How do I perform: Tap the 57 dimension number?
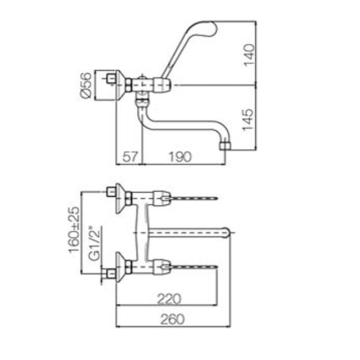(129, 157)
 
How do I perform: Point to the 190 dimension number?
(180, 157)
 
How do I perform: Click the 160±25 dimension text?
(74, 229)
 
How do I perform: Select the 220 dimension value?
(170, 299)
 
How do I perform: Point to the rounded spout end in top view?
(229, 232)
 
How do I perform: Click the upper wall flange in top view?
(120, 197)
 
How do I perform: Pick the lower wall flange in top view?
(120, 267)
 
